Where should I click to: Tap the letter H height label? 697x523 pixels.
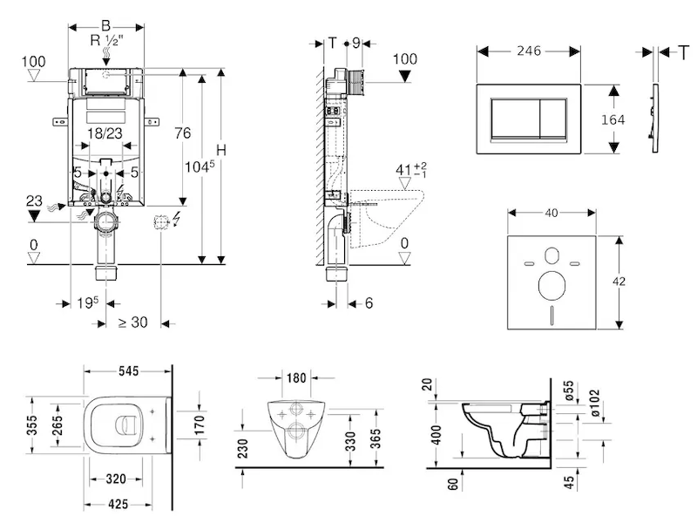coord(220,150)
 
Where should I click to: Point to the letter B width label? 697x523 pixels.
coord(105,24)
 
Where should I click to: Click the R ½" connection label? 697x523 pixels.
coord(108,40)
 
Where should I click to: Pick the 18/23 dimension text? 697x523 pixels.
coord(105,133)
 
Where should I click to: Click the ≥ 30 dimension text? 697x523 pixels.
coord(132,323)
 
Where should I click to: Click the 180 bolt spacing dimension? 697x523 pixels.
coord(297,377)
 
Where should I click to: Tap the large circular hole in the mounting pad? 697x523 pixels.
coord(551,285)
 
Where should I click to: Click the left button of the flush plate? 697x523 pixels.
coord(515,120)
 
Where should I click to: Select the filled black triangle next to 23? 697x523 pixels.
coord(34,214)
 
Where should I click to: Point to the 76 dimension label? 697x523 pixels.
coord(182,132)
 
